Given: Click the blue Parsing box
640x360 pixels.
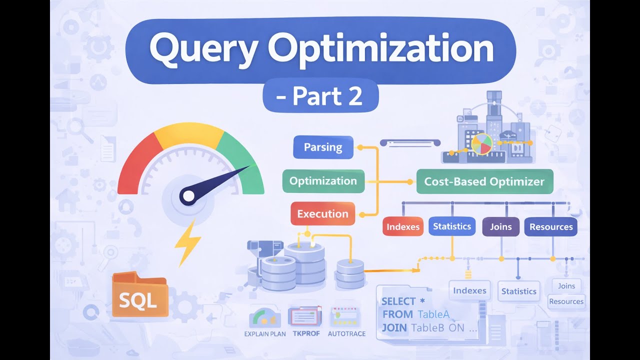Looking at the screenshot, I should [x=323, y=147].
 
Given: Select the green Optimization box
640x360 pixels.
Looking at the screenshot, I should [x=323, y=181].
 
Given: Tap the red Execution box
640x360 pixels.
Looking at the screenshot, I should [x=322, y=214].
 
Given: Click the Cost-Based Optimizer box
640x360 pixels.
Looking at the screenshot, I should [x=484, y=181].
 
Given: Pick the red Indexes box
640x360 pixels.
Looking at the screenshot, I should [x=403, y=226].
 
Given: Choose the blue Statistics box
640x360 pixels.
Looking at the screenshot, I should [x=452, y=226].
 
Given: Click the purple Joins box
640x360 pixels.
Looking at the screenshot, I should [x=500, y=226].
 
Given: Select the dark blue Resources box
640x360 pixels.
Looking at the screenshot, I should [x=550, y=226].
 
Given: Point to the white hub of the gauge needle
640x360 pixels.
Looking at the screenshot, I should [x=187, y=196].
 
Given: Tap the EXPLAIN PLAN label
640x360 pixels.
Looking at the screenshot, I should [x=265, y=333].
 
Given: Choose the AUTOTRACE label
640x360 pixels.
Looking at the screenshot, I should [x=346, y=333].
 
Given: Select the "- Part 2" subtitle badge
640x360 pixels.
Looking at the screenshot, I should [x=320, y=96].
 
